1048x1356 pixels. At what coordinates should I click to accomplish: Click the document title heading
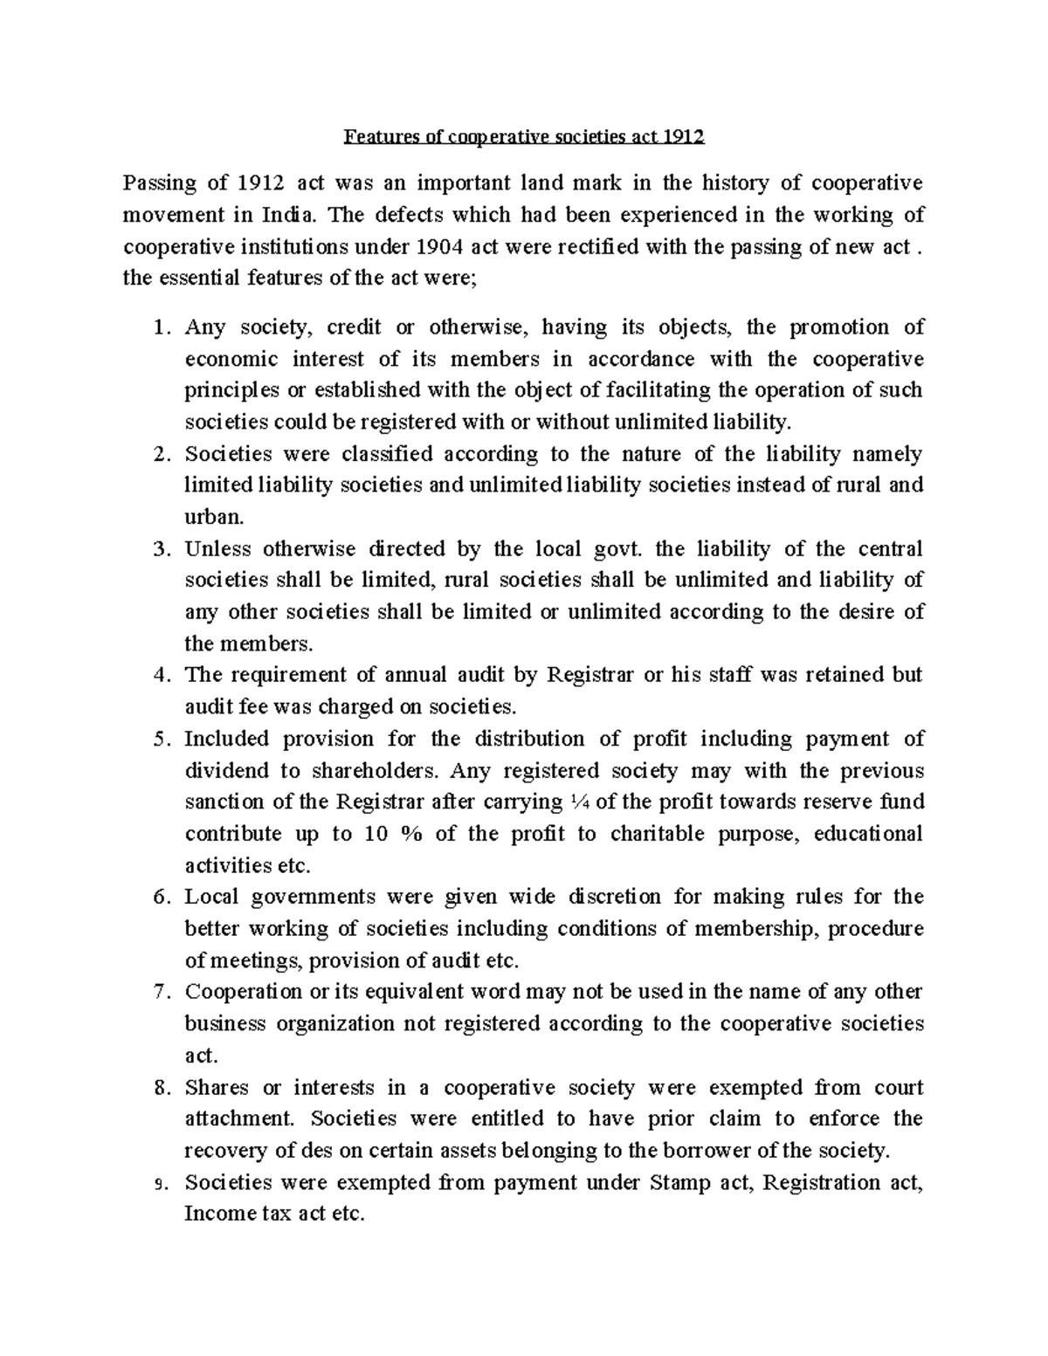(x=523, y=137)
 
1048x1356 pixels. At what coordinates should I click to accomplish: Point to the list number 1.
(x=158, y=328)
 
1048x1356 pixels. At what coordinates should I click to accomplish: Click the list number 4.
(x=158, y=676)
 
